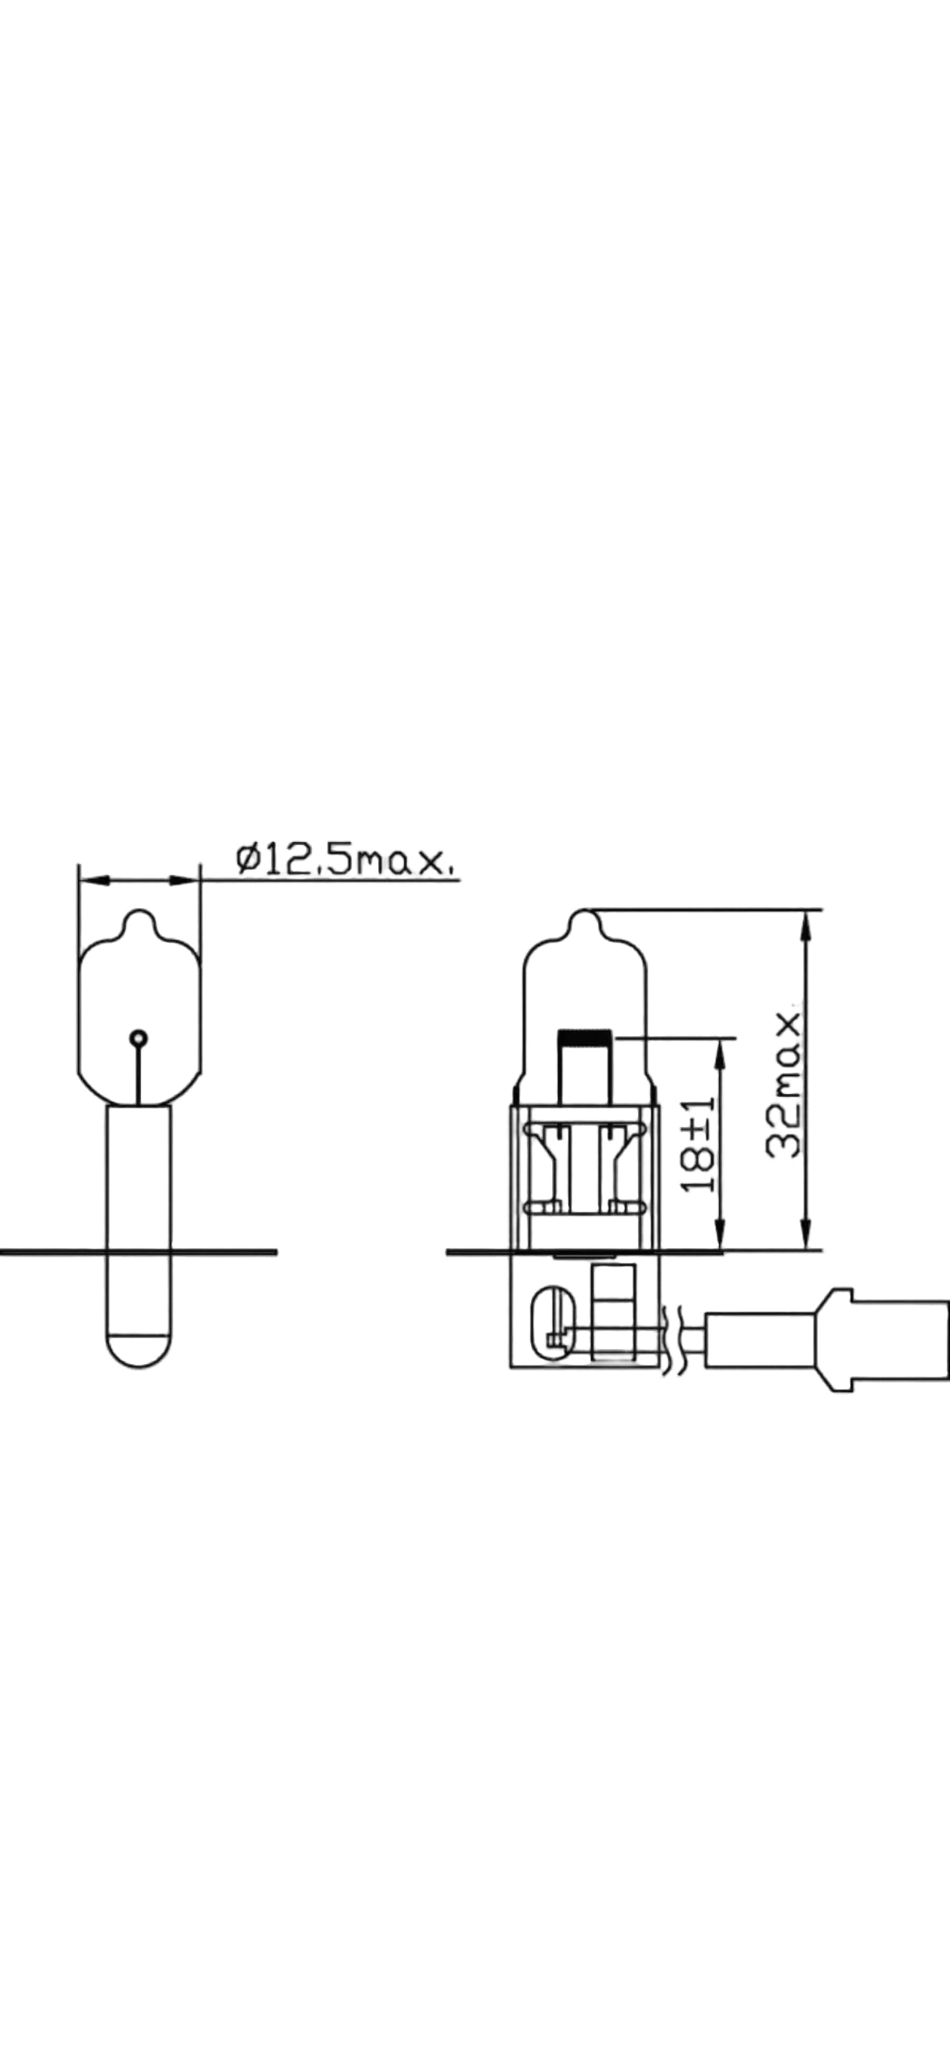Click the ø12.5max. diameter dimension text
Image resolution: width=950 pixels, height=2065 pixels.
tap(347, 859)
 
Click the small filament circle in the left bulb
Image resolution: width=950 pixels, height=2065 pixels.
tap(139, 1039)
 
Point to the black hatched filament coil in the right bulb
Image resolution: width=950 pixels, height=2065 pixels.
tap(585, 1036)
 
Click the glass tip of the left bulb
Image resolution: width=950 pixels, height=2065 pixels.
tap(139, 914)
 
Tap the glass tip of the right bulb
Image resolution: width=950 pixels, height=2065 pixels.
tap(585, 914)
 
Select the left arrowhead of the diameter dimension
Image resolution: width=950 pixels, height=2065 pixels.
tap(94, 880)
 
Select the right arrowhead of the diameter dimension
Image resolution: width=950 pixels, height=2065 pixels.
tap(184, 880)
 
